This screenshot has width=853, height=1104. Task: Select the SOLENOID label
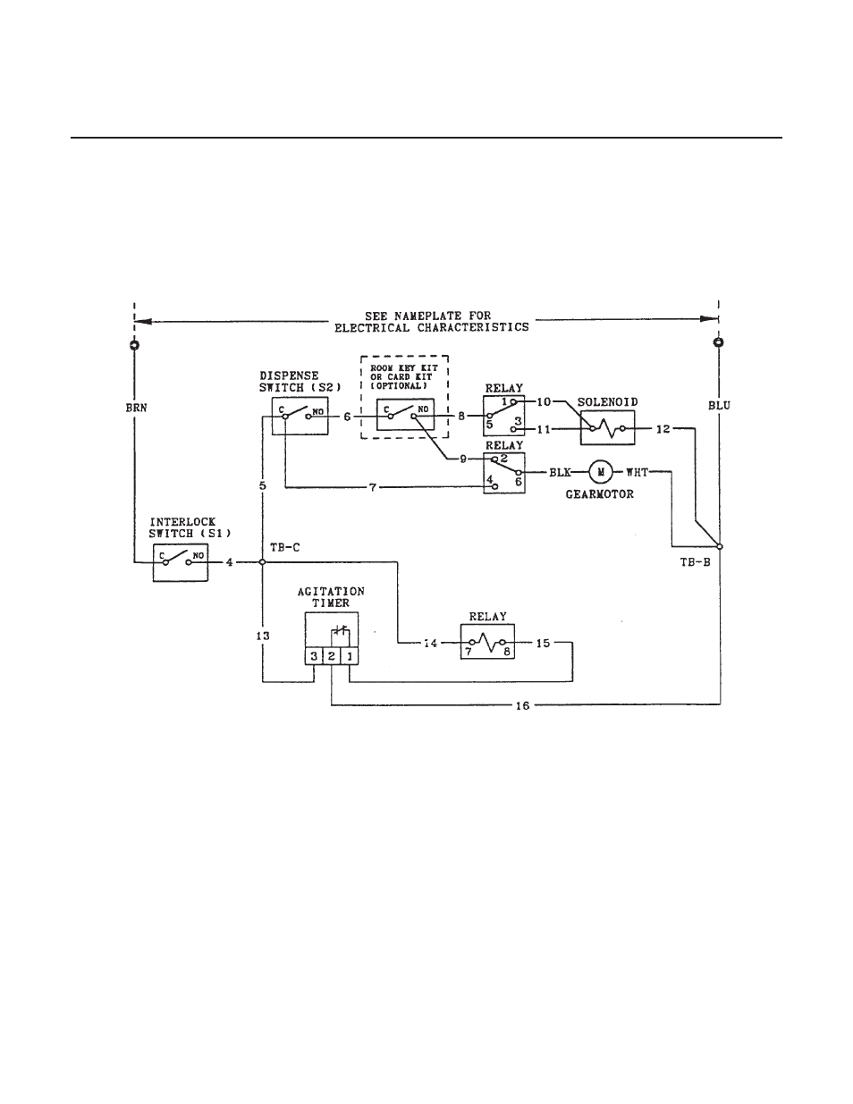608,402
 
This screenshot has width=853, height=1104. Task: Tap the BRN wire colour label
136,408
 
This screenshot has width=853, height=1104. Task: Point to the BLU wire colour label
720,406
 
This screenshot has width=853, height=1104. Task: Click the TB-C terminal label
285,548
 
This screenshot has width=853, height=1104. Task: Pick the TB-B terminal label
696,562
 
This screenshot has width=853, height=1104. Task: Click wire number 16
522,705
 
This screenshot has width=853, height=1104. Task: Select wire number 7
373,488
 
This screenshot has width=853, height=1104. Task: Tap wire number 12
663,429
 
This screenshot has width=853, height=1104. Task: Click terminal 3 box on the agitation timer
314,656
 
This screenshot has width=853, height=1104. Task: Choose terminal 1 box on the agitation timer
350,656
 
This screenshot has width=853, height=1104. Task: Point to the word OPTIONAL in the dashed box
401,385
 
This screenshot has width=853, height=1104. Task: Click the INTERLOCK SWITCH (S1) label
190,528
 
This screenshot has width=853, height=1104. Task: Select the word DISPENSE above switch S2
289,376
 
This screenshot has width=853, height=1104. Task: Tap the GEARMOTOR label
600,494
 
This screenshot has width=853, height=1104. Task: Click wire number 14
430,644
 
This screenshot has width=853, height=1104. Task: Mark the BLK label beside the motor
560,473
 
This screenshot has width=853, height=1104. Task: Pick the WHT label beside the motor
638,473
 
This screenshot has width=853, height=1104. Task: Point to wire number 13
263,636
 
